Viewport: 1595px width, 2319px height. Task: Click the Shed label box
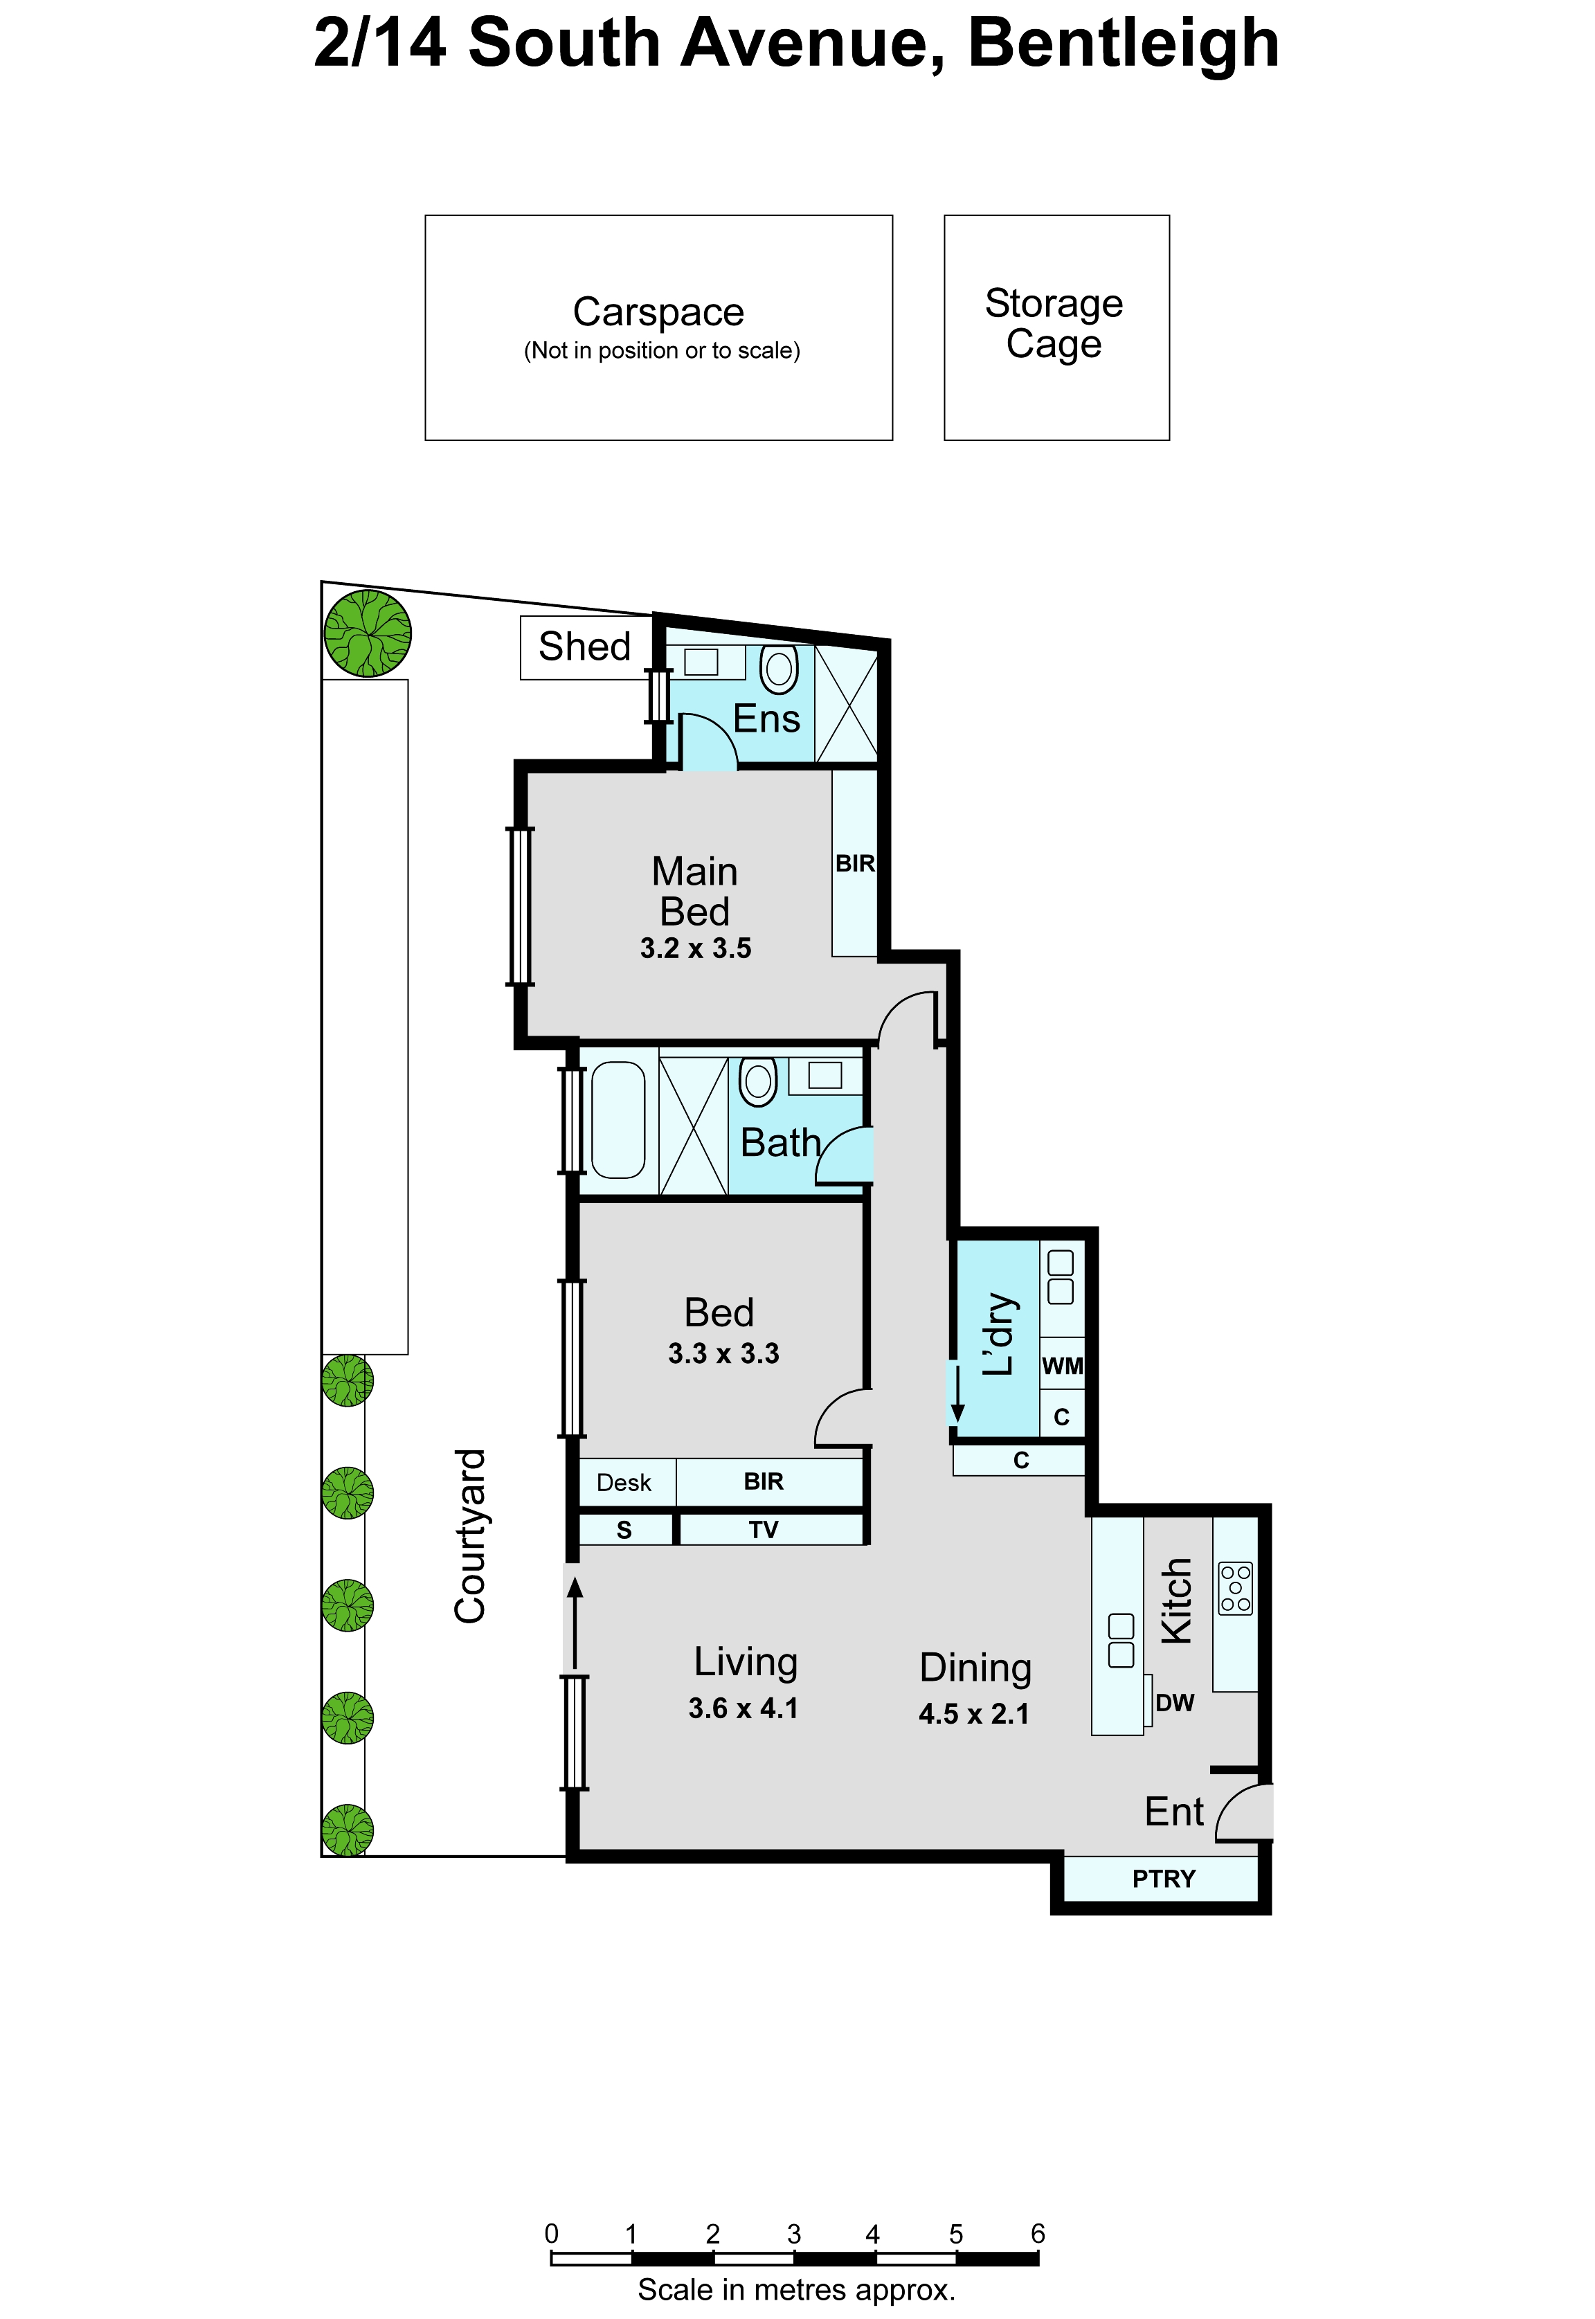[586, 647]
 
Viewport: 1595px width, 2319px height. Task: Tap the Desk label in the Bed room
[624, 1483]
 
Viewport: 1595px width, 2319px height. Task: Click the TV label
[764, 1530]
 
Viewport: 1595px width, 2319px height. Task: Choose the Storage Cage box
[1056, 327]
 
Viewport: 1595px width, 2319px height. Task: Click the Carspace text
[658, 312]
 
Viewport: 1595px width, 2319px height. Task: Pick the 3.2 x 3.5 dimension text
[696, 948]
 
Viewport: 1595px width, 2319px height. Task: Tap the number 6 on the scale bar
[1038, 2233]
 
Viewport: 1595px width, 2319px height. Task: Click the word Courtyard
[469, 1537]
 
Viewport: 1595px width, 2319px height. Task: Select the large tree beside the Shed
[368, 633]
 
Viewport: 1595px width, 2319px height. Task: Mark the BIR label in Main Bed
[856, 863]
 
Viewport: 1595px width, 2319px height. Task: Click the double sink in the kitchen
[1121, 1640]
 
